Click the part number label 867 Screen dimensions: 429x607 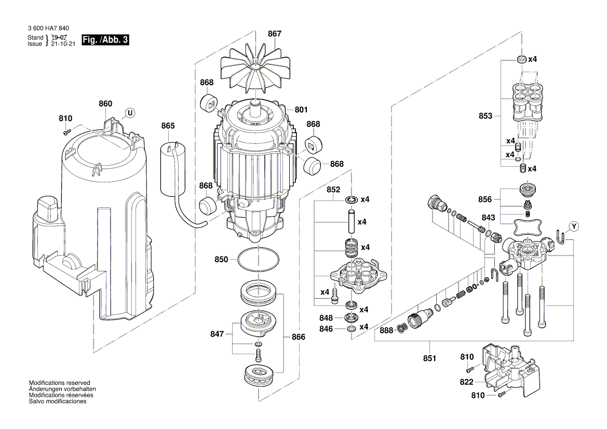click(274, 34)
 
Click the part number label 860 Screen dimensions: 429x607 click(105, 104)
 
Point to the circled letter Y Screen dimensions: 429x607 click(573, 226)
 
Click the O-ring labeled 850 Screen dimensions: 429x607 click(257, 260)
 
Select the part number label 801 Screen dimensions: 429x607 click(302, 110)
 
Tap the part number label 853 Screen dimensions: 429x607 click(485, 116)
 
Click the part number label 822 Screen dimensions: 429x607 click(467, 382)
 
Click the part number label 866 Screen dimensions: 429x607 click(298, 337)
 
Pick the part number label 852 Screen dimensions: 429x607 click(333, 190)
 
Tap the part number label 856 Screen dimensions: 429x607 click(485, 199)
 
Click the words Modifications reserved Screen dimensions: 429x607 click(59, 382)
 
